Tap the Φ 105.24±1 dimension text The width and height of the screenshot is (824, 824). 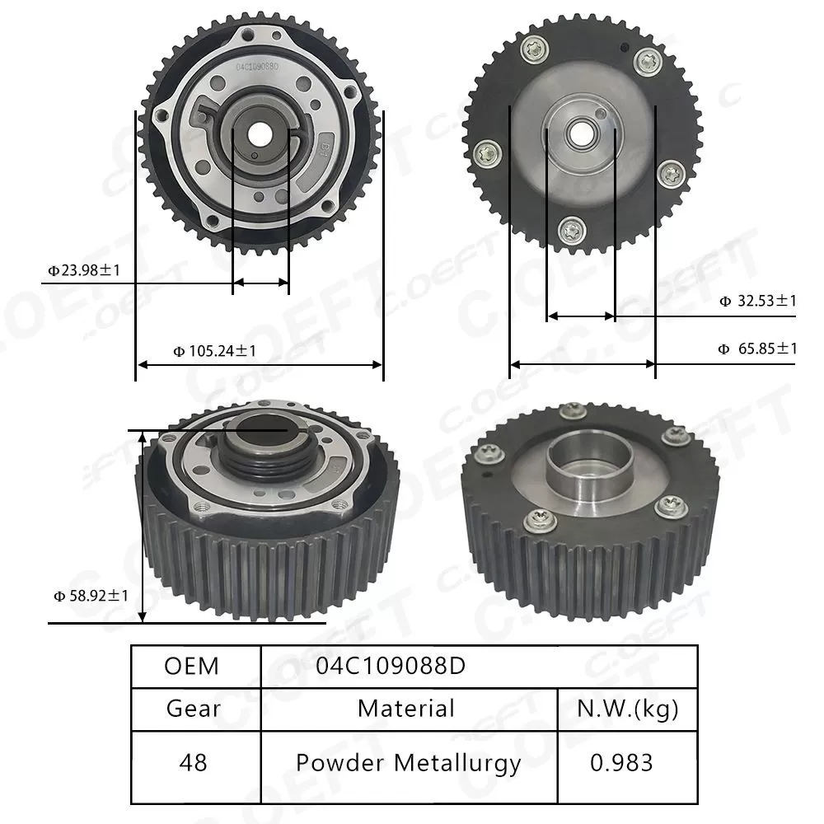click(x=214, y=351)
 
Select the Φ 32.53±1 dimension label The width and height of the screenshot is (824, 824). click(x=757, y=302)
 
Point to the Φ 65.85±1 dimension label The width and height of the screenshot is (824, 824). click(x=757, y=349)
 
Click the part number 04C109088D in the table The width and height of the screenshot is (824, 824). click(x=390, y=666)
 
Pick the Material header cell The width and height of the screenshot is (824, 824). click(x=406, y=708)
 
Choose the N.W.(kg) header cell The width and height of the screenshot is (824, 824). click(x=628, y=708)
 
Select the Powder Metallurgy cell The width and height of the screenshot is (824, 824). click(x=408, y=763)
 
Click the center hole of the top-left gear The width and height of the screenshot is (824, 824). click(x=260, y=131)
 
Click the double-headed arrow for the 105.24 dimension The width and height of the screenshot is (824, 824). click(x=260, y=364)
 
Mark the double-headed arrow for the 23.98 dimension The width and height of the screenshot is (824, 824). click(x=260, y=283)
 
